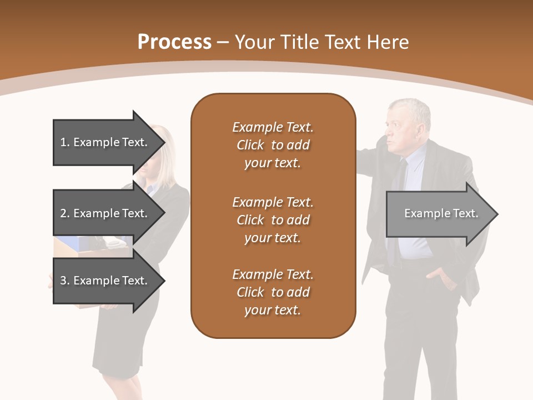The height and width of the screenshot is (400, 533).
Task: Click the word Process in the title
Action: point(174,42)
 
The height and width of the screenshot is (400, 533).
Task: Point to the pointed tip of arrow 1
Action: point(163,142)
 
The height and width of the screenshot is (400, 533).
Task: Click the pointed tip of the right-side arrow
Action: point(496,214)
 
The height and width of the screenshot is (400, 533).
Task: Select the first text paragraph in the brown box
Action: point(273,145)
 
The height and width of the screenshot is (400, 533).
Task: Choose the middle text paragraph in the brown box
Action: point(273,219)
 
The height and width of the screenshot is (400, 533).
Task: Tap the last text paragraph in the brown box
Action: point(273,292)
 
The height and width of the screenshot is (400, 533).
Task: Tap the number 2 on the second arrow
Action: point(63,213)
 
